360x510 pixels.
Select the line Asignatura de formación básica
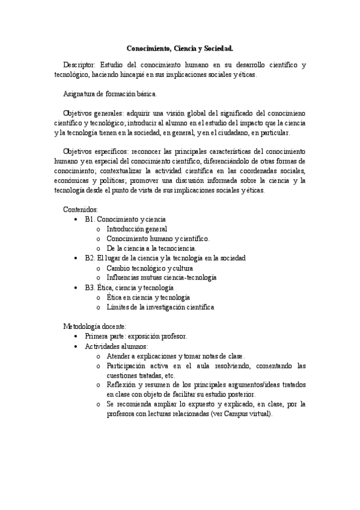point(109,94)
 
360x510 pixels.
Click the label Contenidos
point(81,209)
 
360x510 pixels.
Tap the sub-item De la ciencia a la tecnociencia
point(151,248)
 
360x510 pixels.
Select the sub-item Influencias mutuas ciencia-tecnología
point(161,278)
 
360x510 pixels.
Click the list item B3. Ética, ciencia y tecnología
point(129,287)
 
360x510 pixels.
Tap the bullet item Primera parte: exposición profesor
point(136,336)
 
